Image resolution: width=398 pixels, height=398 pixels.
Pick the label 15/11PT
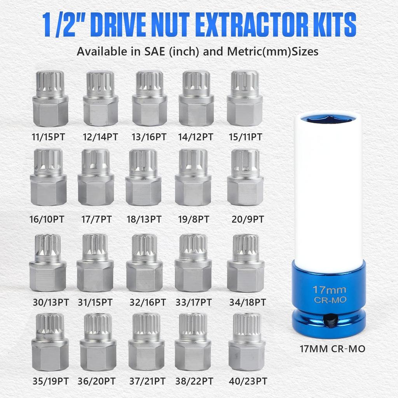click(x=244, y=137)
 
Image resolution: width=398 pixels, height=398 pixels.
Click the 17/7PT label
click(x=96, y=220)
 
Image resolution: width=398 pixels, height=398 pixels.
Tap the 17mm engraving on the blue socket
click(x=328, y=290)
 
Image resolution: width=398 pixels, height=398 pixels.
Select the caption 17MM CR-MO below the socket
click(x=332, y=349)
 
